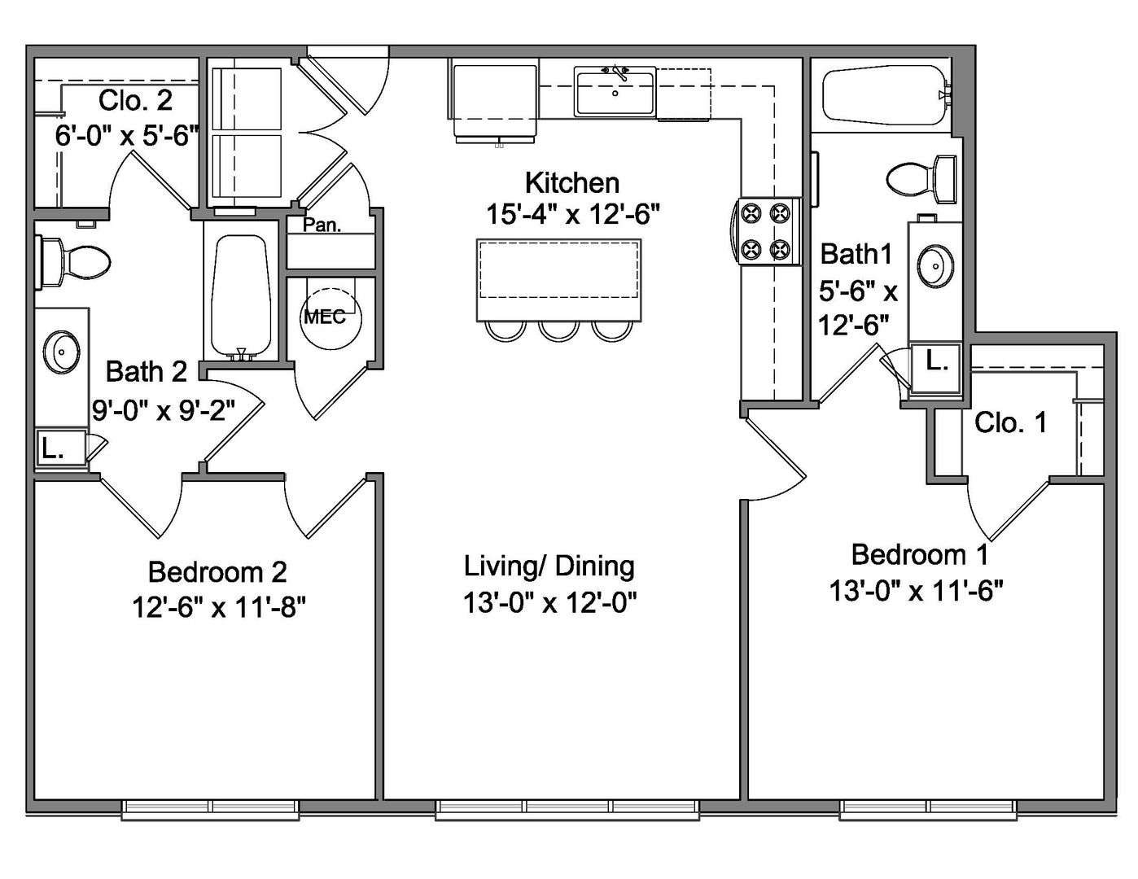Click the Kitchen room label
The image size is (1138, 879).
pos(572,182)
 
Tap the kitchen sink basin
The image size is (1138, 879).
pos(615,94)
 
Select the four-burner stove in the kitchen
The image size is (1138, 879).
pos(767,231)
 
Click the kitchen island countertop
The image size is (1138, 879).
pos(558,280)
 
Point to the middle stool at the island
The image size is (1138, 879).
pos(559,332)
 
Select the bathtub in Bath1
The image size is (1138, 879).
pos(886,95)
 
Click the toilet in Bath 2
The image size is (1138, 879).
pos(72,261)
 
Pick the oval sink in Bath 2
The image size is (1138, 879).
pos(62,352)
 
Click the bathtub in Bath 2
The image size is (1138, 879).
pos(241,296)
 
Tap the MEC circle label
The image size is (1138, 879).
pos(325,317)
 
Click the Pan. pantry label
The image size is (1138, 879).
pos(322,225)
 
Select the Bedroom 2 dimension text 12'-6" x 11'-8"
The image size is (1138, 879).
pos(218,607)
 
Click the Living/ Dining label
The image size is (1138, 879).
pos(549,566)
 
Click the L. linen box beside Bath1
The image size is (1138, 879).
pos(936,367)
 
